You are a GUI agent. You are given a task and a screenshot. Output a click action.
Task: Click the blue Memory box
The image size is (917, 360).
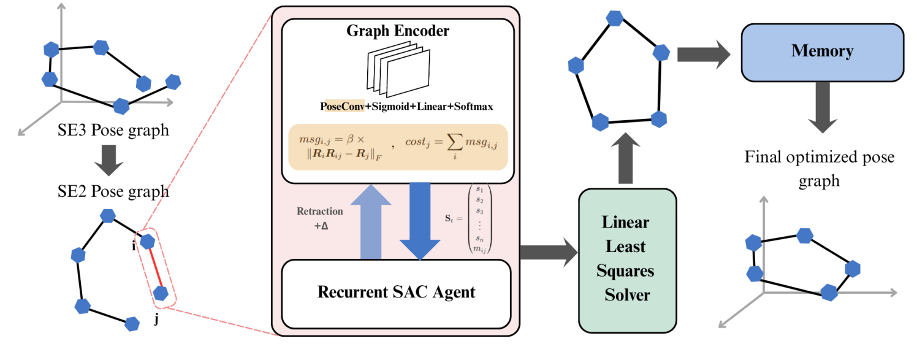822,52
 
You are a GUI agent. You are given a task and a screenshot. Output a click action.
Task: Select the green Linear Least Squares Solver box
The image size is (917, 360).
627,258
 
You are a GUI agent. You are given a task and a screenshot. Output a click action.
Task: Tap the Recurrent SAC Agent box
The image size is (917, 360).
396,293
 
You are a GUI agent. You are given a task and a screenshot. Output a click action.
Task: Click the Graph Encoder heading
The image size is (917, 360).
397,31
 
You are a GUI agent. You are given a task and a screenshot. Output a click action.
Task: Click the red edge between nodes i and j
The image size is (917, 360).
154,267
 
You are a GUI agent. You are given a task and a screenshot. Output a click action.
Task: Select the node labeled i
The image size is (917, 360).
146,242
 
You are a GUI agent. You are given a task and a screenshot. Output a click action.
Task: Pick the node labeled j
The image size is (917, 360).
161,293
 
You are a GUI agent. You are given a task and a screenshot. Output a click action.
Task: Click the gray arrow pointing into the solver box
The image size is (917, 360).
549,251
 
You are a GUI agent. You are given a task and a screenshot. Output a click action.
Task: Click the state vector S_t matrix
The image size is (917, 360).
479,219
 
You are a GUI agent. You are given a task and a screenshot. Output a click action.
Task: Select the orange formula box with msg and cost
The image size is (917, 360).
397,147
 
